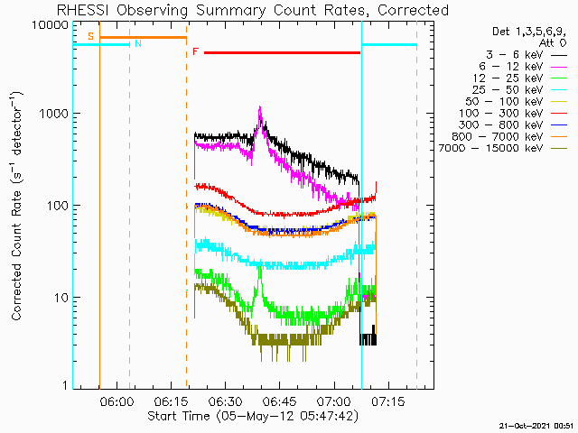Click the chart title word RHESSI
82,10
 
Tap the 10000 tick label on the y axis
51,25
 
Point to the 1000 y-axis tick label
54,114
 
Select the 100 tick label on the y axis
58,206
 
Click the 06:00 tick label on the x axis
117,401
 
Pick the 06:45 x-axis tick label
280,401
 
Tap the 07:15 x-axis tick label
388,401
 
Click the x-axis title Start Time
179,416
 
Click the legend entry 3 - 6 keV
514,55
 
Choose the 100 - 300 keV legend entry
500,114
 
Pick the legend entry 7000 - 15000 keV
490,148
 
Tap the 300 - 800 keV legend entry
500,125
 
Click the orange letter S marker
90,36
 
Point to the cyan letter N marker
138,43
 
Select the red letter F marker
196,51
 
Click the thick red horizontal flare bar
282,52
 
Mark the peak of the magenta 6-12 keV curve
260,106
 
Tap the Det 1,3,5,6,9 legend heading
529,32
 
